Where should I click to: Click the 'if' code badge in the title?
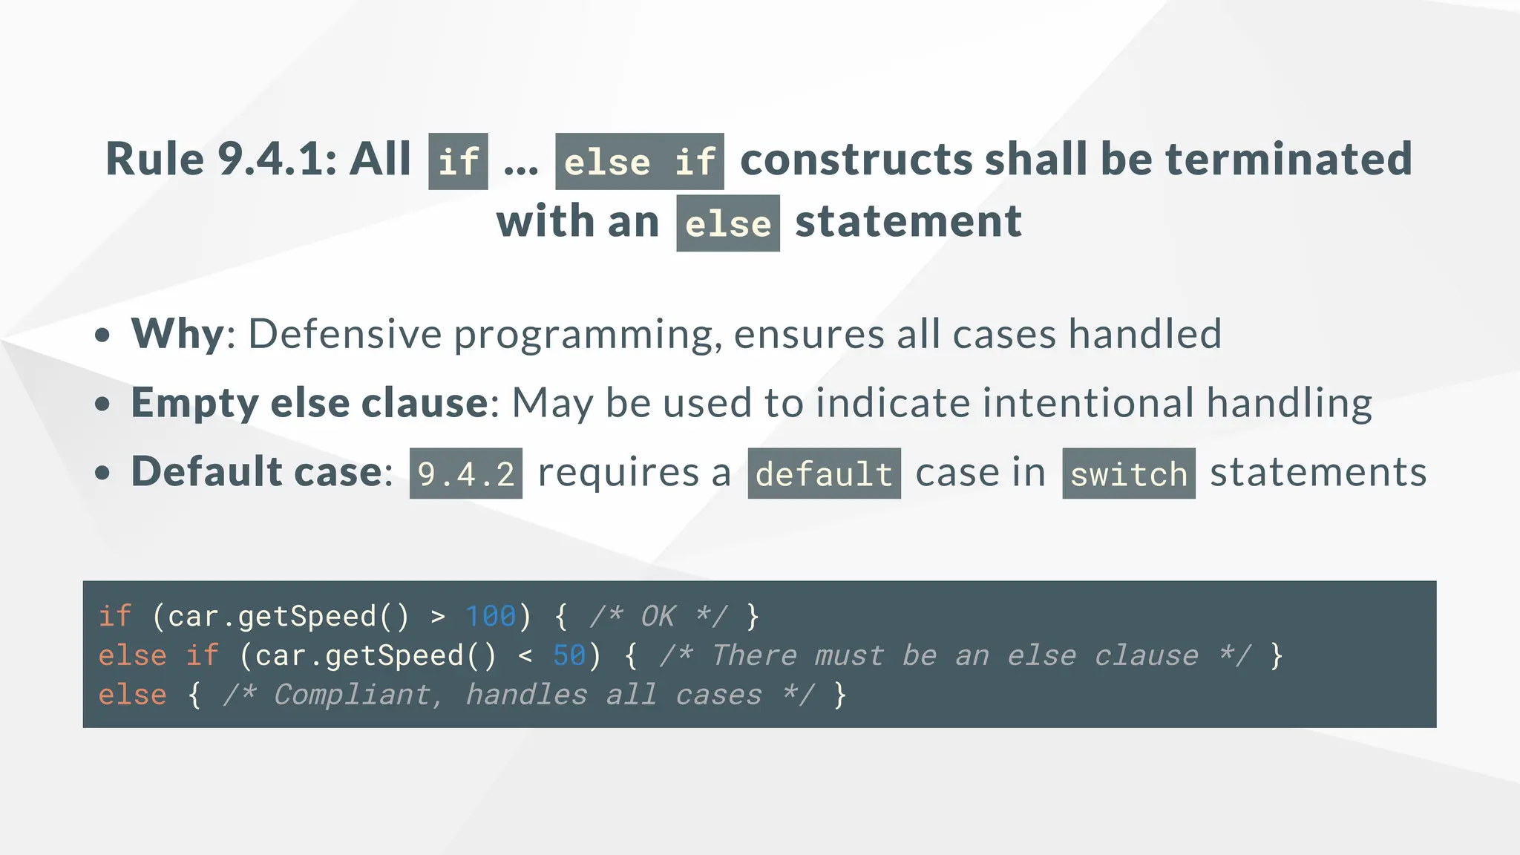(458, 162)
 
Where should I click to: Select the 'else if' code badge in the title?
(639, 162)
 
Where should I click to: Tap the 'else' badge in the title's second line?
(727, 223)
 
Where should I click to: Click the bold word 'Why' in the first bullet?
(177, 333)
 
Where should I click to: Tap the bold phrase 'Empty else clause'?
(309, 402)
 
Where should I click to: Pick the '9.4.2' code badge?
(465, 474)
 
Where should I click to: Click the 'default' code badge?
(824, 474)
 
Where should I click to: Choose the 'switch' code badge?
(1128, 474)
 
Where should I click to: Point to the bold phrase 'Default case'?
(257, 471)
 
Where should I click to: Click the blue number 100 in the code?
(490, 616)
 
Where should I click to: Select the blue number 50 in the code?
(569, 655)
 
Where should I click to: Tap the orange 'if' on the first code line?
(115, 616)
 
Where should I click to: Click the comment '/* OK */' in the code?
(658, 616)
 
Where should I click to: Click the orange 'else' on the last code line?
(133, 695)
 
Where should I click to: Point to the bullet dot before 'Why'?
(103, 335)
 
